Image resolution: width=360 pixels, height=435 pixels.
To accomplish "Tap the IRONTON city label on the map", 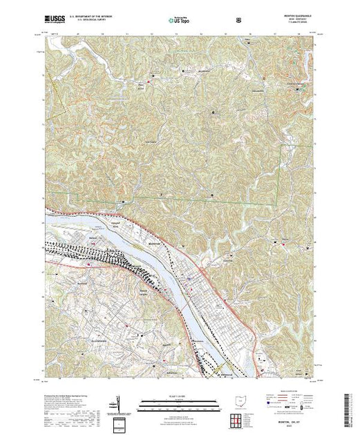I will click(x=155, y=244).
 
